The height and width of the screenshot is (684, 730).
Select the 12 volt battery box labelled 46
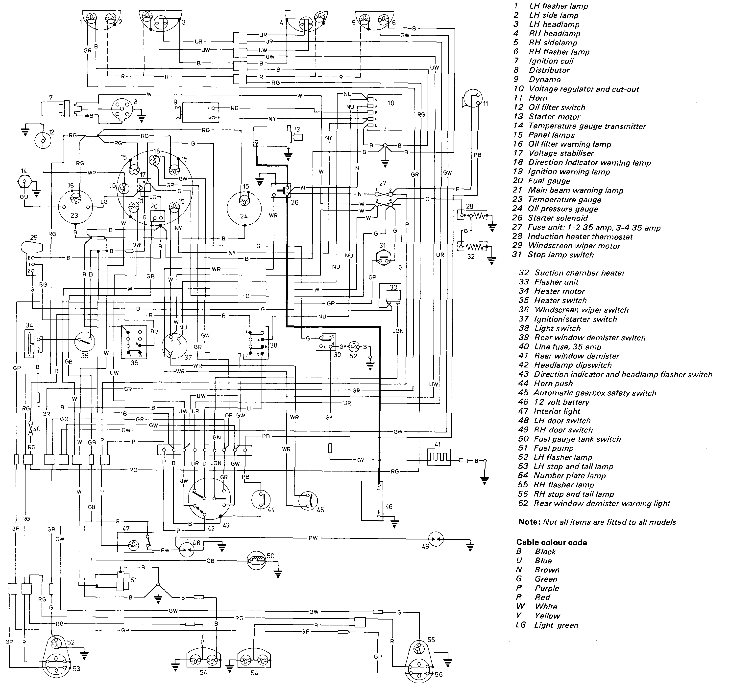click(372, 501)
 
